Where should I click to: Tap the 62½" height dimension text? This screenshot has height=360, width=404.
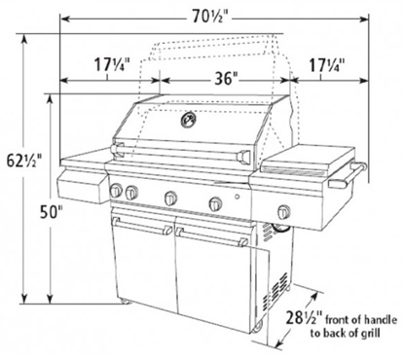click(x=24, y=161)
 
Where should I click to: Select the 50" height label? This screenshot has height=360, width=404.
click(x=52, y=212)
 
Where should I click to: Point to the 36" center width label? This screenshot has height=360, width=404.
click(x=226, y=78)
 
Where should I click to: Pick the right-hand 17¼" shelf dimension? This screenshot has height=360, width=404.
click(x=326, y=65)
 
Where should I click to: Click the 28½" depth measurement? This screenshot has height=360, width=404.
click(x=305, y=318)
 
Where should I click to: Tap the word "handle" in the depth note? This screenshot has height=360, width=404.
click(x=380, y=320)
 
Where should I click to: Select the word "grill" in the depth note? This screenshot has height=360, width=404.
click(x=371, y=334)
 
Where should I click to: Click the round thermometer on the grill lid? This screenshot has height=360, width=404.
click(x=189, y=120)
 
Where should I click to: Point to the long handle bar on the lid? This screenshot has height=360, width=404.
click(x=180, y=154)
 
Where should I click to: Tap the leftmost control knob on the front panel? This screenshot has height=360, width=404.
click(x=116, y=191)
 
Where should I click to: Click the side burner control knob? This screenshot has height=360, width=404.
click(x=284, y=211)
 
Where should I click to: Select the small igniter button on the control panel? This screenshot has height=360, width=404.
click(x=238, y=197)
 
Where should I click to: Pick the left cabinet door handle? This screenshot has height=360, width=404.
click(x=142, y=226)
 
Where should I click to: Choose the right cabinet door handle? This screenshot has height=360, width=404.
click(x=211, y=236)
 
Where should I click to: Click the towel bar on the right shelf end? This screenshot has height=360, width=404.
click(x=348, y=175)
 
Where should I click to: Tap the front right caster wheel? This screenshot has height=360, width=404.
click(x=257, y=327)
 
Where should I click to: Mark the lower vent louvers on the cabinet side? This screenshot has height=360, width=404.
click(x=275, y=289)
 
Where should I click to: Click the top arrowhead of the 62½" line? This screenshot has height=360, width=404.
click(x=24, y=39)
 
